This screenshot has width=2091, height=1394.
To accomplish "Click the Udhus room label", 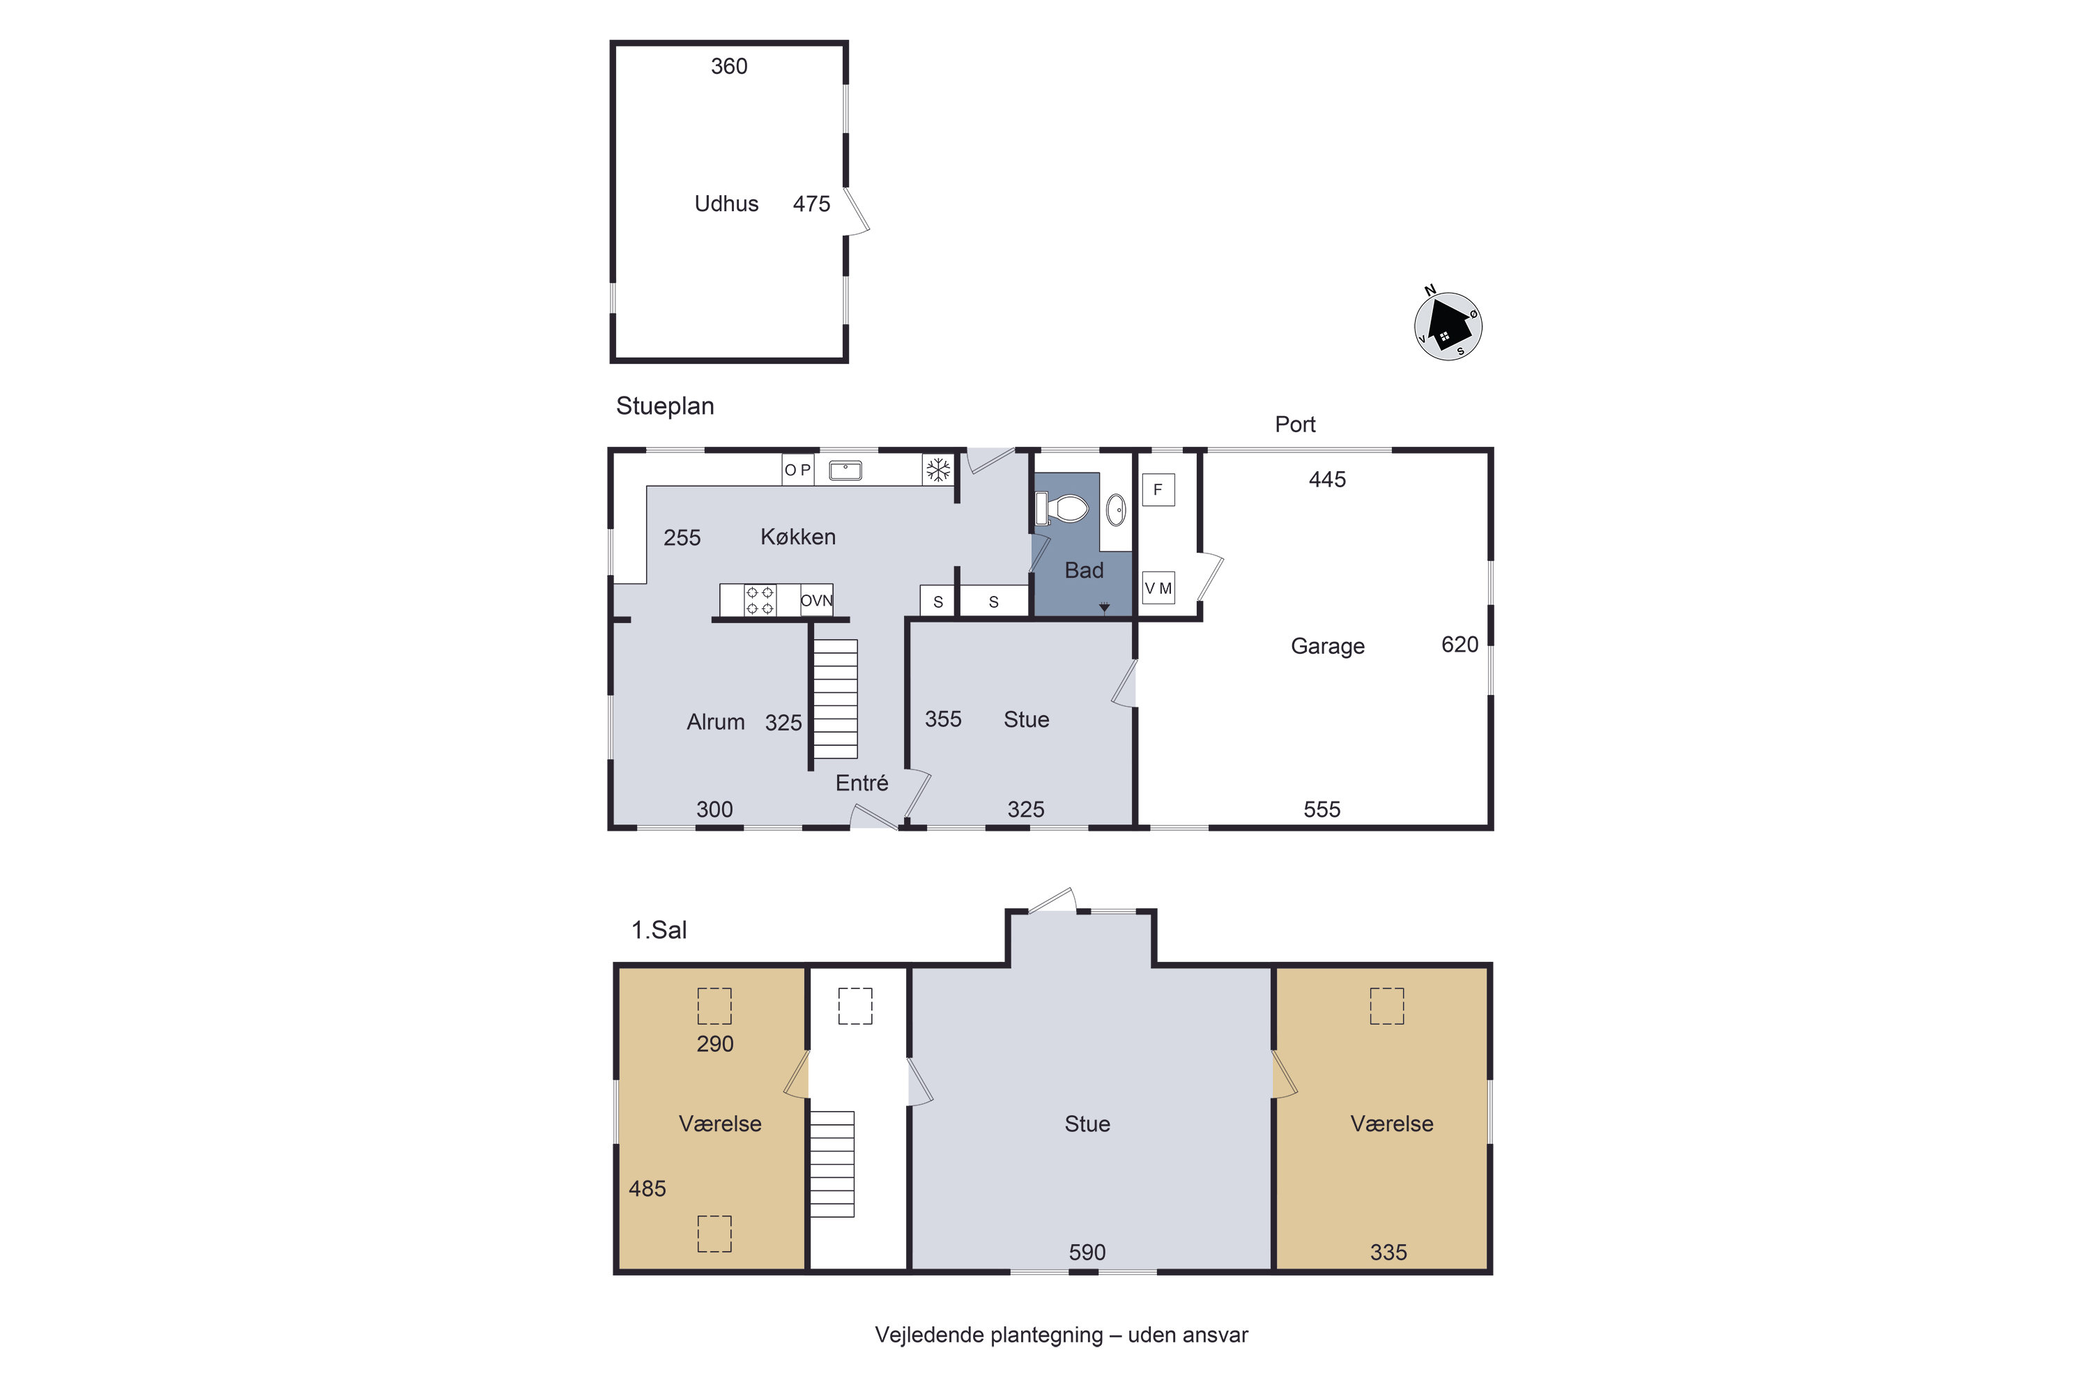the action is click(726, 204).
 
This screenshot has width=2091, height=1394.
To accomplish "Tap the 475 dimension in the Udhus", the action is click(812, 204).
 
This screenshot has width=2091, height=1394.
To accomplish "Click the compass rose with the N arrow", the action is click(1448, 325).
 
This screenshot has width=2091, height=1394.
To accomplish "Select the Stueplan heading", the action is click(665, 406).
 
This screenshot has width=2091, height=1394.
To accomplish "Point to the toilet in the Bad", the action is click(1062, 509).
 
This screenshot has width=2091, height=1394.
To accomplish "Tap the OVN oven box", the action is click(816, 600).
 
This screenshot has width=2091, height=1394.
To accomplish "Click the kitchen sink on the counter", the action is click(845, 470).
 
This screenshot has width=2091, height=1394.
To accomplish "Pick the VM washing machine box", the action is click(1158, 588).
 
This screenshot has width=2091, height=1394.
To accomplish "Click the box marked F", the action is click(1158, 489).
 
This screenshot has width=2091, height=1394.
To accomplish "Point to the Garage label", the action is click(1327, 646).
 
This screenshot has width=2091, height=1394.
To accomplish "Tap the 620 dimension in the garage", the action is click(1460, 645).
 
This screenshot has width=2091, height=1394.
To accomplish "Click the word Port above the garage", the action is click(1295, 424).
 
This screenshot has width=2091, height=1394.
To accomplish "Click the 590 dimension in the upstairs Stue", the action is click(1087, 1252).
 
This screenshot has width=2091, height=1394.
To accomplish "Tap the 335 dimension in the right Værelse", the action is click(1388, 1252).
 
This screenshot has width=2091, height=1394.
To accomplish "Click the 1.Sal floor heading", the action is click(659, 930).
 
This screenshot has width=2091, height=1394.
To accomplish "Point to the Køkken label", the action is click(798, 537).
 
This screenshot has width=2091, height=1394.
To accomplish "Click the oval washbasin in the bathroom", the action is click(1116, 510).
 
